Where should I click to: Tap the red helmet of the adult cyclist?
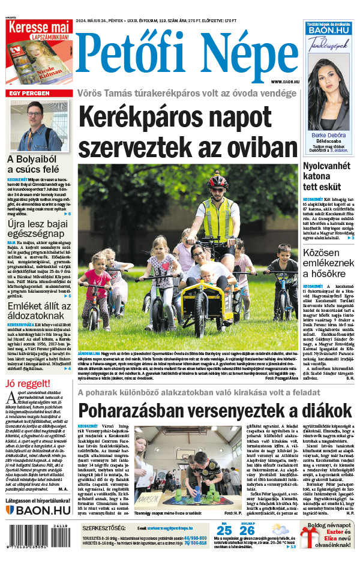(218, 181)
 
